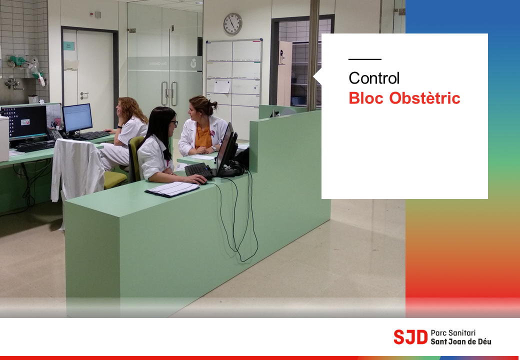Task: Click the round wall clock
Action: click(x=233, y=24)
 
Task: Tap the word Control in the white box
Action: click(x=374, y=78)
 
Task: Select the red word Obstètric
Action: click(x=425, y=98)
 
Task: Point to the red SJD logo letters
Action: click(x=410, y=337)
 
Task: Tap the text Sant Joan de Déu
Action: click(x=461, y=341)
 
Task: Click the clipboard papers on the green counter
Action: click(x=172, y=189)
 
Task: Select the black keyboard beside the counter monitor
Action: click(x=198, y=170)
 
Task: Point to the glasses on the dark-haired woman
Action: click(x=175, y=123)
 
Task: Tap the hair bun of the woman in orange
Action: click(x=213, y=105)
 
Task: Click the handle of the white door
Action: click(x=84, y=95)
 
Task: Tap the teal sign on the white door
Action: click(x=69, y=46)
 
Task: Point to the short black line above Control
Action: click(x=365, y=59)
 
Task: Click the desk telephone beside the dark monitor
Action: click(x=54, y=133)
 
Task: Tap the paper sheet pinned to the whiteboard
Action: click(x=222, y=86)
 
